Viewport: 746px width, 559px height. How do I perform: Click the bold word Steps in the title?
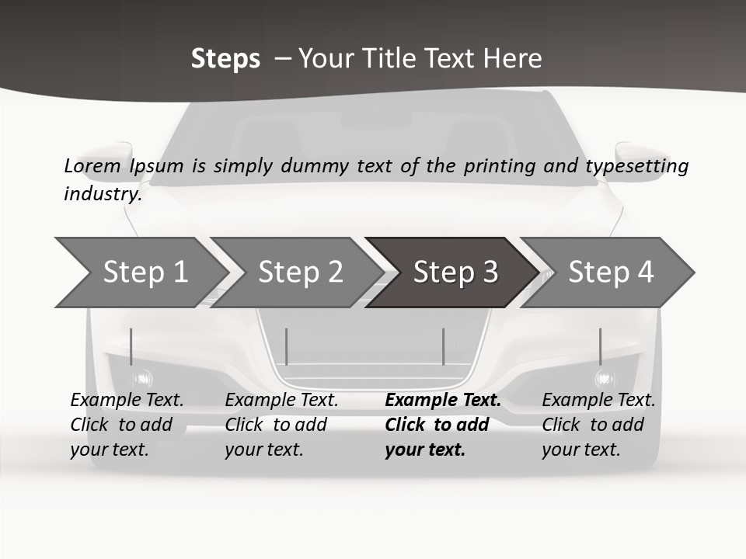[x=225, y=59]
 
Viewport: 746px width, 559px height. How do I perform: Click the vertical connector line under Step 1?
[x=131, y=346]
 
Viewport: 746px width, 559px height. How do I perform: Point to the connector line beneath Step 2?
[x=287, y=346]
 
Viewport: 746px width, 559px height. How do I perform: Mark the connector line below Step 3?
[x=443, y=346]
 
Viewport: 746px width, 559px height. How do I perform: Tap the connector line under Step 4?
[x=600, y=346]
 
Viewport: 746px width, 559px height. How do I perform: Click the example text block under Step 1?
[x=127, y=425]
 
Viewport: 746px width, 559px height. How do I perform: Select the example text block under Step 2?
[x=281, y=425]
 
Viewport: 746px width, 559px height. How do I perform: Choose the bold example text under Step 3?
[x=442, y=425]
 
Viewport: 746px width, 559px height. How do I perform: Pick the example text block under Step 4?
[x=598, y=425]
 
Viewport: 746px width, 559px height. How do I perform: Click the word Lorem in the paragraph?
[x=92, y=166]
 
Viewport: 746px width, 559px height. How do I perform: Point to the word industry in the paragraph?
[x=103, y=194]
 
